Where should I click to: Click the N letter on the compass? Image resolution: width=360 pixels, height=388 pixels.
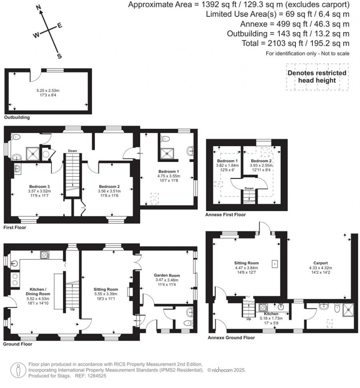click(x=39, y=7)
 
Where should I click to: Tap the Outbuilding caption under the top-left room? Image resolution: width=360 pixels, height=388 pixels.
click(x=17, y=117)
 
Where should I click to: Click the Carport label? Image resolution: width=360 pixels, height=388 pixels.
click(x=321, y=263)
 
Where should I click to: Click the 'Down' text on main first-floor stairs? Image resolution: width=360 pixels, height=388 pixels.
click(x=72, y=151)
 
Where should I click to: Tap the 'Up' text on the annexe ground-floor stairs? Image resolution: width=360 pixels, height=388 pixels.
click(x=249, y=319)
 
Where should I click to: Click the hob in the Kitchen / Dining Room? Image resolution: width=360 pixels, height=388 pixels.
click(x=45, y=254)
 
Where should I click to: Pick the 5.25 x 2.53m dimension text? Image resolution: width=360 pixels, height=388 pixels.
click(x=43, y=90)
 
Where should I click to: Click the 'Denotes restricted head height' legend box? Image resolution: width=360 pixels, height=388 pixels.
click(x=317, y=77)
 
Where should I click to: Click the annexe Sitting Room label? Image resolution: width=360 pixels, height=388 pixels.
click(x=246, y=263)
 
